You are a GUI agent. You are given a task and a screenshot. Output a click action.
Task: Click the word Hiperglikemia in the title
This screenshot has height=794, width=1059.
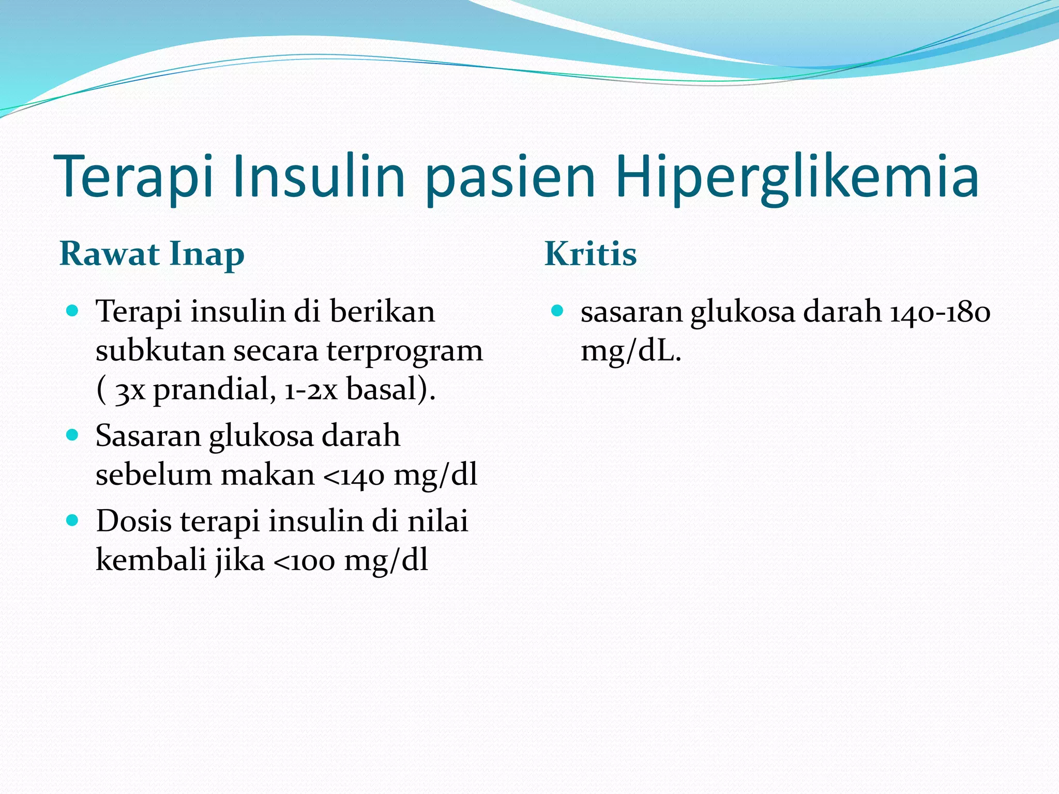[796, 177]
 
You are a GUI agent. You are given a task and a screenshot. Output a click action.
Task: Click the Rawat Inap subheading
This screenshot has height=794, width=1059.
[152, 254]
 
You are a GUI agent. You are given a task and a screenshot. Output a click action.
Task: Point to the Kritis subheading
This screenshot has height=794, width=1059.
[591, 254]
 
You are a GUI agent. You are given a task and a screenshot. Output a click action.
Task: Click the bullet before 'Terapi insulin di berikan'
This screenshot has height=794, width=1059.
[72, 311]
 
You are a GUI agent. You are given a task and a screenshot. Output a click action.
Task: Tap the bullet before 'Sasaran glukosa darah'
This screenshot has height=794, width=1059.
[72, 435]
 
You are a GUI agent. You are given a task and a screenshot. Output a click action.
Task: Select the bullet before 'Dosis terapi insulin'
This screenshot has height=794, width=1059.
[72, 520]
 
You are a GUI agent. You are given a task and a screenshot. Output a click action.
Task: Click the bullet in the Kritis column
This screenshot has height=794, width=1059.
[557, 311]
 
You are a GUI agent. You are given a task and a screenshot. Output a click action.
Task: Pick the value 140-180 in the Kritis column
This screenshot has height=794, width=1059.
[940, 312]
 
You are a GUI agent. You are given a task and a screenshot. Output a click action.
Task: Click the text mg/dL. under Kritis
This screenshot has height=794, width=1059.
[631, 352]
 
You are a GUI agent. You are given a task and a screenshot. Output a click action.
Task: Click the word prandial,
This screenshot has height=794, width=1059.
[214, 390]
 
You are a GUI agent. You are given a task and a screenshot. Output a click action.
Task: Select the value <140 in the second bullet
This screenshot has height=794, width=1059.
[354, 476]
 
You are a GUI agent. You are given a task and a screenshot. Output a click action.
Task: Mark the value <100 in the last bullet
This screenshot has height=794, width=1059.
[304, 560]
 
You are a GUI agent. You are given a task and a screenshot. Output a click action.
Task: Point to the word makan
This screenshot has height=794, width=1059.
[267, 475]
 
